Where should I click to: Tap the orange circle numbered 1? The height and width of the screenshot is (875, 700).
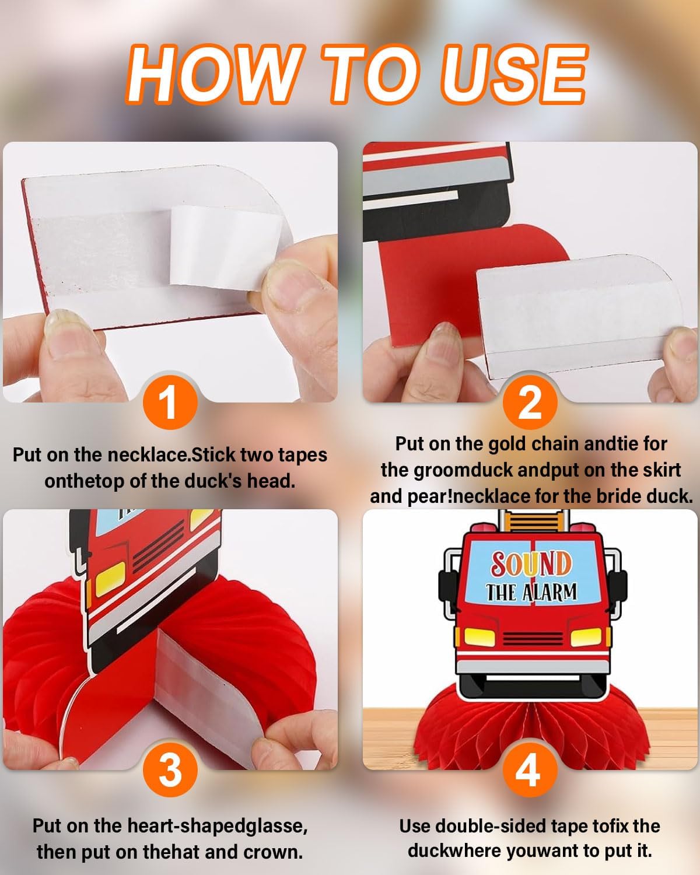click(x=170, y=402)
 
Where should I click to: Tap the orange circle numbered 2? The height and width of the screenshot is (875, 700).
click(x=530, y=402)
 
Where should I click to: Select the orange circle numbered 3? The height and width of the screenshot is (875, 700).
click(x=170, y=769)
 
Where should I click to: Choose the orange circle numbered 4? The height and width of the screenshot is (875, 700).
click(x=530, y=769)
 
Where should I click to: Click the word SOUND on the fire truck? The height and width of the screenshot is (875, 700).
click(x=530, y=564)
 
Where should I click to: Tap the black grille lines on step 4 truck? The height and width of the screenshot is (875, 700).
click(x=533, y=639)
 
